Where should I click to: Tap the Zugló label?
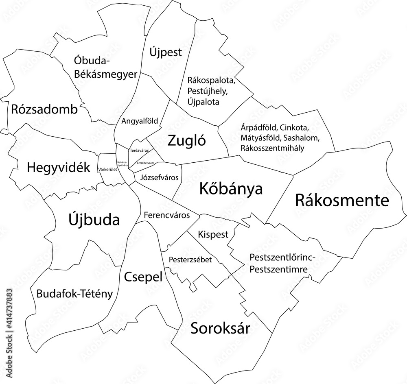click(187, 141)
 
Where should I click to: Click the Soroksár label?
click(220, 327)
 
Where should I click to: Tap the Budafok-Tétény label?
click(74, 293)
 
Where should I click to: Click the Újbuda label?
click(93, 220)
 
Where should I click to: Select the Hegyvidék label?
click(58, 167)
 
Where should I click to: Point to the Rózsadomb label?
click(44, 109)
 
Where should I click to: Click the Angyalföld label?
click(140, 121)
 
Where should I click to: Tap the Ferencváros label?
click(167, 215)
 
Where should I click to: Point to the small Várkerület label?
click(107, 169)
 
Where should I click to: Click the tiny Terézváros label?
click(139, 151)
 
